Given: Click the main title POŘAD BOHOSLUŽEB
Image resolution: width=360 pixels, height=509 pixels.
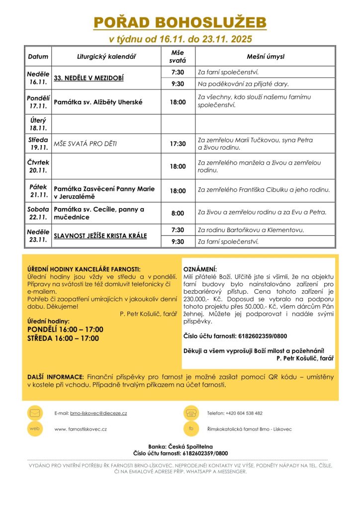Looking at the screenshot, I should pos(180,22).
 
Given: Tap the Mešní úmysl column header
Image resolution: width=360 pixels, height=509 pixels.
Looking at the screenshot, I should pos(266,57).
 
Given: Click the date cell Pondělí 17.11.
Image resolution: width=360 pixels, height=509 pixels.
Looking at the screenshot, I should pos(38,102).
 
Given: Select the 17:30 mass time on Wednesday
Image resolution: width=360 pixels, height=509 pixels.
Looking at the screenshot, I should pos(178,144).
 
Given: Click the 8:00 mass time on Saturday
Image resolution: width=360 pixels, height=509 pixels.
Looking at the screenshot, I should pos(178,213).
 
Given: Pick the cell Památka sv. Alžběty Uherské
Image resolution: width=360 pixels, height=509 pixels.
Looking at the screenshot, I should pos(98,102).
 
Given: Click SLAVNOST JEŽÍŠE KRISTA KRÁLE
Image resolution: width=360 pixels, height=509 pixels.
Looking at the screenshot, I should pos(100,236).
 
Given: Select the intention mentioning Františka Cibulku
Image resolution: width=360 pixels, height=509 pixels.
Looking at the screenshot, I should pos(264,190).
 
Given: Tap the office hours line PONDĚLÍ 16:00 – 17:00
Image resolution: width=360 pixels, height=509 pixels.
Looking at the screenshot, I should pos(65,330).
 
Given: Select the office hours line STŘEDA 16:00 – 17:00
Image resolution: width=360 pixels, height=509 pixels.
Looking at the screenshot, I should pos(63,339).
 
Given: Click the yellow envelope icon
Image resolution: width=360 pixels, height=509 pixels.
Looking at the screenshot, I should pos(34,413).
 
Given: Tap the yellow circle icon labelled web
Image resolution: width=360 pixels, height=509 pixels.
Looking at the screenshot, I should pos(34,428).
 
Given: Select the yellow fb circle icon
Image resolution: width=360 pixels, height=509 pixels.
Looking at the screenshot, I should pos(190,428).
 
